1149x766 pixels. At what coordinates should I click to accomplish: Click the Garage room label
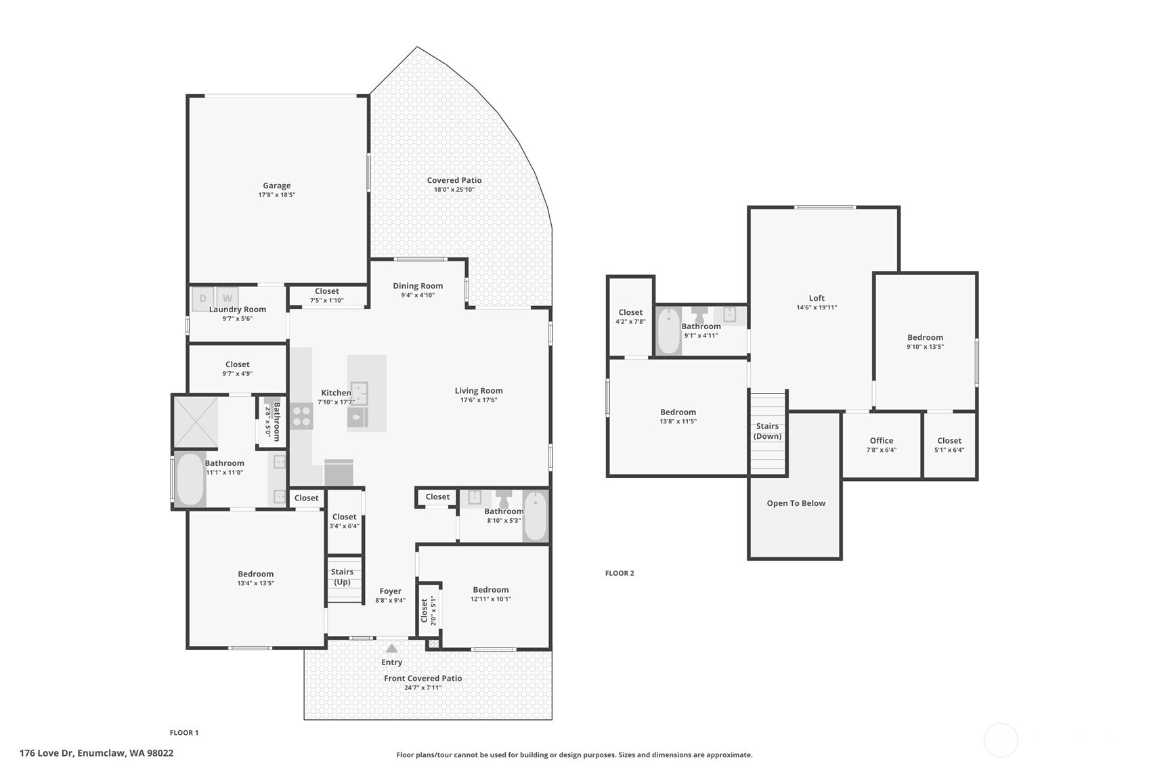pos(276,186)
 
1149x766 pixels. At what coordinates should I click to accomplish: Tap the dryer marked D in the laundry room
pos(202,299)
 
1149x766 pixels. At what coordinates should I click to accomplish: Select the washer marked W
pos(227,299)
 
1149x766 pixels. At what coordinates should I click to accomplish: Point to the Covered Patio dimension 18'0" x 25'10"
pos(454,190)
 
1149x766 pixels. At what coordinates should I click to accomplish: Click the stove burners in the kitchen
pos(301,416)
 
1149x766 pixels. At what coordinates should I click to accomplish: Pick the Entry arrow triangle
pos(391,648)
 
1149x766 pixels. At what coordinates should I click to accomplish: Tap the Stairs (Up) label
pos(342,576)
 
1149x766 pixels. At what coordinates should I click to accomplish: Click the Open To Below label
pos(796,503)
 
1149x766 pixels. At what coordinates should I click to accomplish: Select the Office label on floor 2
pos(881,440)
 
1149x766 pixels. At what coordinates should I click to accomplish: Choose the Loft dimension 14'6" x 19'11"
pos(817,307)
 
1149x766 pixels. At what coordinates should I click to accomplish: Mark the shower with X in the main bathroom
pos(196,423)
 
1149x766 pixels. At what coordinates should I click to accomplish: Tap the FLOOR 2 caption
pos(619,573)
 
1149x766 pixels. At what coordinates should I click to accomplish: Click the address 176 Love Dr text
pos(96,753)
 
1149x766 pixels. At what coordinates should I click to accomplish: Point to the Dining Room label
pos(418,286)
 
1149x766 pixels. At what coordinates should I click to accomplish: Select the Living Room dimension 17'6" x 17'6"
pos(478,400)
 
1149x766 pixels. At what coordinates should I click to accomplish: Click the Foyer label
pos(390,591)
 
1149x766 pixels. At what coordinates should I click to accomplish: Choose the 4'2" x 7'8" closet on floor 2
pos(630,317)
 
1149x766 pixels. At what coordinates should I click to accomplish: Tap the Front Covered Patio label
pos(422,678)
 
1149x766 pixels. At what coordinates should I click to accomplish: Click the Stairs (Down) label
pos(767,431)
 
